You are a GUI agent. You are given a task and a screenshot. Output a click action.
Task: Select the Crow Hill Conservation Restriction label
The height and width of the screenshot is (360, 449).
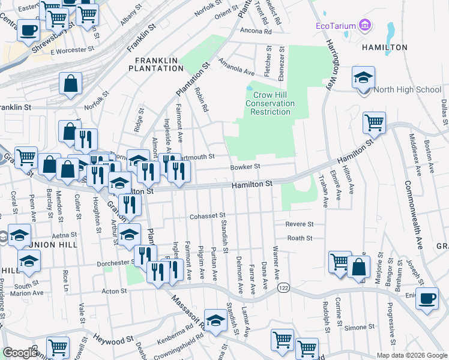click(273, 103)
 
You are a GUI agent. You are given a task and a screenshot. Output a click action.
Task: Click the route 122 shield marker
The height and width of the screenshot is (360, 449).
click(283, 288)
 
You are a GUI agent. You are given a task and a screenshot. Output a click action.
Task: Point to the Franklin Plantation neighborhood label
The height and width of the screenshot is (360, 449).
click(159, 64)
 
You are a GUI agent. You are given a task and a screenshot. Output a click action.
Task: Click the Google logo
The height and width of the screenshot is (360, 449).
click(20, 353)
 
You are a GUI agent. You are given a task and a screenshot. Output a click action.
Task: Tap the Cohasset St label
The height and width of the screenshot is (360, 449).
click(206, 216)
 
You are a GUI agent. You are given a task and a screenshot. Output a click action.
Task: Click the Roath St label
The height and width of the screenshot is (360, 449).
click(300, 238)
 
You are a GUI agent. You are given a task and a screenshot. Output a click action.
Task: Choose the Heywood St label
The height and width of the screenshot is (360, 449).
click(112, 340)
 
